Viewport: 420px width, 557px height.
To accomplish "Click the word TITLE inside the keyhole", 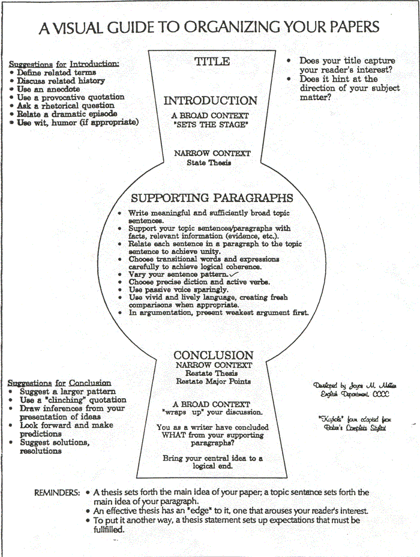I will coord(211,61).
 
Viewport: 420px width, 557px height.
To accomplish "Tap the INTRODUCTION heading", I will coord(210,101).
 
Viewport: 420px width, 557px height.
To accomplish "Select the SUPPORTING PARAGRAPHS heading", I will coord(212,198).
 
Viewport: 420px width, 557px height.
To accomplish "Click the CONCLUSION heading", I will coord(214,355).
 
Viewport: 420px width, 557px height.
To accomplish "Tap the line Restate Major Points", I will coord(213,381).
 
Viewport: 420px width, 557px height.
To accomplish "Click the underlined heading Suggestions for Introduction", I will coord(64,64).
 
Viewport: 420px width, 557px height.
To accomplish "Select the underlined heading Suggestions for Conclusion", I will coord(59,383).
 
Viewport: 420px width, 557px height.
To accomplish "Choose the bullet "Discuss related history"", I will coord(61,80).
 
